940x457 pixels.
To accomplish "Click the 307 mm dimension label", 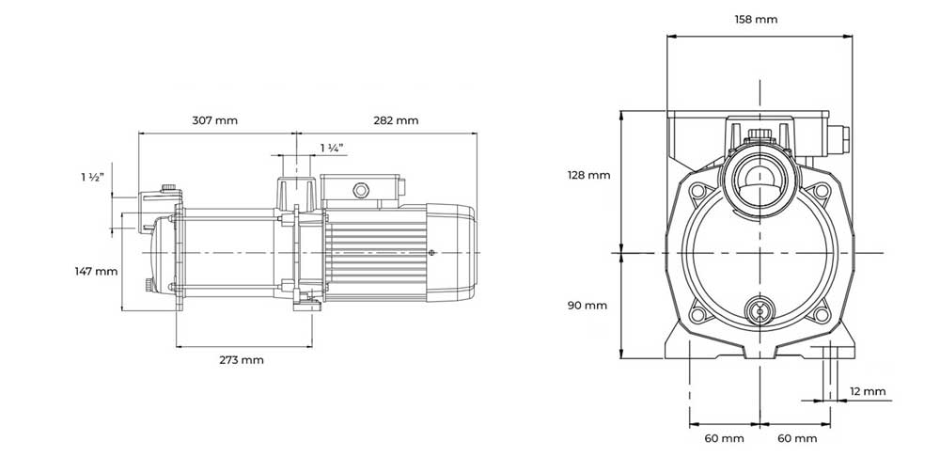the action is (x=214, y=120).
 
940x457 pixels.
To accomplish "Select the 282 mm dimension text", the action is (x=396, y=120).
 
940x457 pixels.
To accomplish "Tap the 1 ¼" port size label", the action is (x=332, y=149).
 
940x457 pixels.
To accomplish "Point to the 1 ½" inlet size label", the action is (x=93, y=177).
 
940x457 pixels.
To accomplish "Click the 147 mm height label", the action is (x=96, y=272).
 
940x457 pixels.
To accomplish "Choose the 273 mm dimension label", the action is (x=241, y=360).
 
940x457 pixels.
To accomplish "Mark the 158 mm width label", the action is (x=756, y=20).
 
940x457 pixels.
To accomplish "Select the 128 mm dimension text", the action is (x=588, y=176).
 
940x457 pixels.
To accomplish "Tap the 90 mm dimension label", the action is (x=587, y=306).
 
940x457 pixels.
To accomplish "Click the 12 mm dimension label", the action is (x=868, y=392).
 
